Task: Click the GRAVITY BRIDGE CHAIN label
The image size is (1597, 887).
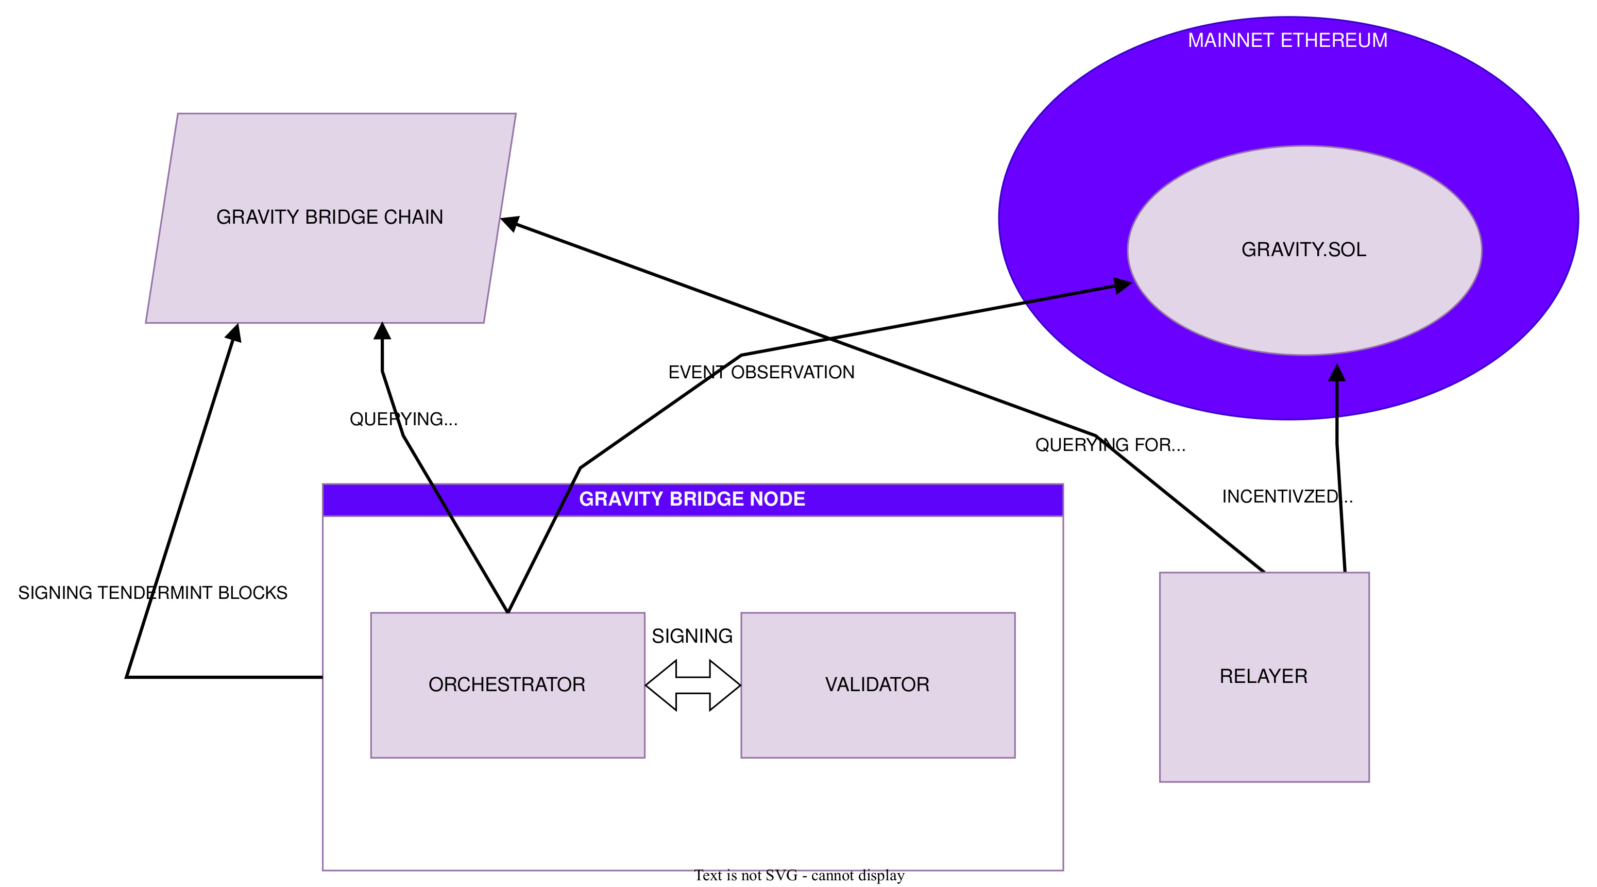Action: coord(329,217)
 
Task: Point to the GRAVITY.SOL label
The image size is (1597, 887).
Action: coord(1303,250)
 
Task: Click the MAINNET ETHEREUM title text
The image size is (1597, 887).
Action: coord(1287,41)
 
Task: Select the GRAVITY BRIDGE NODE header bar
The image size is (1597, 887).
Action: coord(692,499)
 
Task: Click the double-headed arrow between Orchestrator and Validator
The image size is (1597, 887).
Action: coord(692,685)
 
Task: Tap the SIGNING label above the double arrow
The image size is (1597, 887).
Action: coord(692,637)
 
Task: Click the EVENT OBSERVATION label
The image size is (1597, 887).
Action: coord(761,372)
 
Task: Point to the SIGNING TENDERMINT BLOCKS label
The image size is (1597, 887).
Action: coord(152,593)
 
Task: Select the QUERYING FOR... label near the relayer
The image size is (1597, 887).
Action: coord(1110,445)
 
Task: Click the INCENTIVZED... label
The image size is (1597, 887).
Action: coord(1286,496)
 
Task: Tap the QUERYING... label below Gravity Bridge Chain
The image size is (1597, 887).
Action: coord(403,420)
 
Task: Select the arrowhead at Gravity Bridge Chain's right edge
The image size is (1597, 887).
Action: coord(509,224)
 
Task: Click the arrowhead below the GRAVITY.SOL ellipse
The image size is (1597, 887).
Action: coord(1337,373)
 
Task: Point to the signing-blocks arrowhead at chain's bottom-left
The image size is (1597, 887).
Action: coord(234,333)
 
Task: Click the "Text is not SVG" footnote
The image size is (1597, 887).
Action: coord(798,875)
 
